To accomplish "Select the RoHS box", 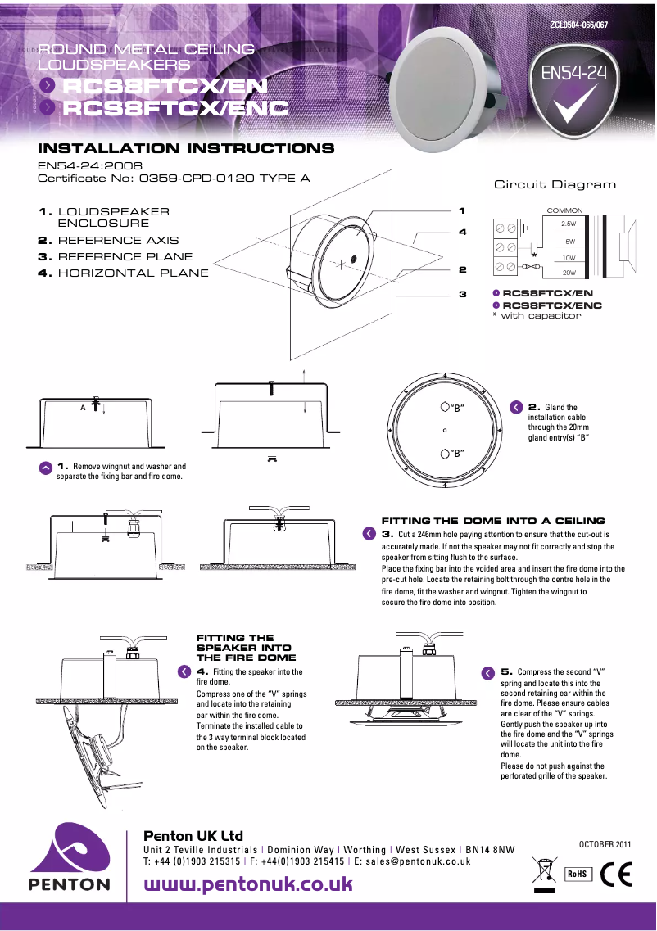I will coord(578,873).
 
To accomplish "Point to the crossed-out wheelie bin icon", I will coord(543,872).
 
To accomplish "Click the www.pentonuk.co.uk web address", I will coord(248,884).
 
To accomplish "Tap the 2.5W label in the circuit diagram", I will coord(569,224).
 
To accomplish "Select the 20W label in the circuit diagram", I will coord(569,273).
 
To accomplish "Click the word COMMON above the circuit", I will coord(564,210).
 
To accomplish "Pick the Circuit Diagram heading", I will coord(555,184).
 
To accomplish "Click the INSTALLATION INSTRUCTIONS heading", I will coord(186,149).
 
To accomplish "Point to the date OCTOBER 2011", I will coord(605,843).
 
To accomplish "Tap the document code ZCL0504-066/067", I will coord(578,25).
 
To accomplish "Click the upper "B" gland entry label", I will coord(453,408).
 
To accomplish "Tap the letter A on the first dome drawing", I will coord(83,407).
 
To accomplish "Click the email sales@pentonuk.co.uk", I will coord(418,861).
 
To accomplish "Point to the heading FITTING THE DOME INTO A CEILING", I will coord(493,521).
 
